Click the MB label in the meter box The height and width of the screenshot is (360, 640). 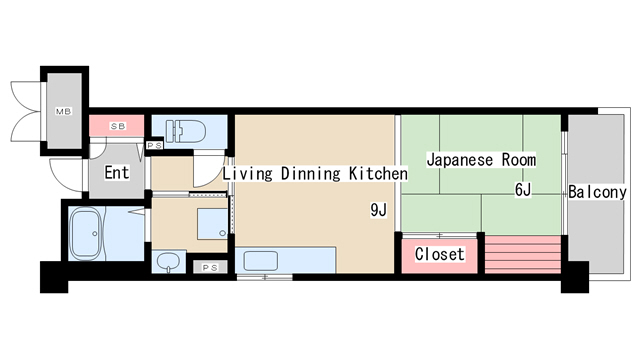(62, 111)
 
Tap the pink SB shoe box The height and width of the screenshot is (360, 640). (117, 126)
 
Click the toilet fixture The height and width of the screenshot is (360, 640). (186, 130)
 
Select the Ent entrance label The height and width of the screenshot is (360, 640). (117, 172)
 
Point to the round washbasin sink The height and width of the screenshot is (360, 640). (169, 263)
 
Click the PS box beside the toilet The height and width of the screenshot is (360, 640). (155, 145)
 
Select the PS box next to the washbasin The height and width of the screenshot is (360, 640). (209, 267)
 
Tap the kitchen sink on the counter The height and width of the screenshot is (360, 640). (261, 261)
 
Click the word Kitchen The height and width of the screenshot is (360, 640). (378, 173)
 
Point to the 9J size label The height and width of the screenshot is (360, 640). (378, 210)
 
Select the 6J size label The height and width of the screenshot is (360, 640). (524, 189)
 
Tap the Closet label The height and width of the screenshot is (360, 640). (440, 254)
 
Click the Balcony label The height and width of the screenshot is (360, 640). (596, 192)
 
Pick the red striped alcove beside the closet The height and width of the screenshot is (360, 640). (521, 254)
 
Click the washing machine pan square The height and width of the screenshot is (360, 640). (211, 222)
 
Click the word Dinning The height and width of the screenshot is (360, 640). (309, 173)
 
